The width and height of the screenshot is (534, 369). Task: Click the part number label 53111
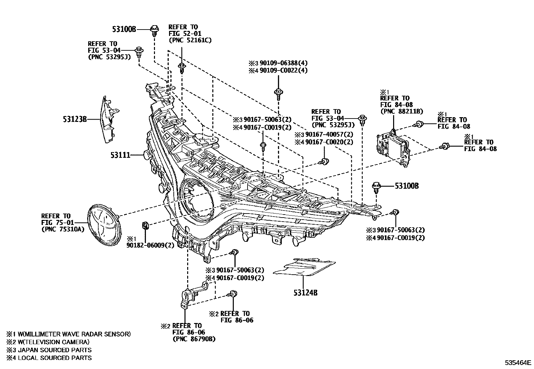point(120,155)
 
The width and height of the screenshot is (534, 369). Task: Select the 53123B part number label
point(75,119)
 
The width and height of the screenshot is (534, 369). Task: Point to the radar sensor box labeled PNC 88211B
point(393,148)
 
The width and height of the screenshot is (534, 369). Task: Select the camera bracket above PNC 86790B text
point(191,295)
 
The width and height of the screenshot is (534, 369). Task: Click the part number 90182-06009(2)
point(150,245)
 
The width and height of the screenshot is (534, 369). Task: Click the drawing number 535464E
point(519,363)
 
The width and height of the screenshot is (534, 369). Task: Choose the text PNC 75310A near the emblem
point(62,229)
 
